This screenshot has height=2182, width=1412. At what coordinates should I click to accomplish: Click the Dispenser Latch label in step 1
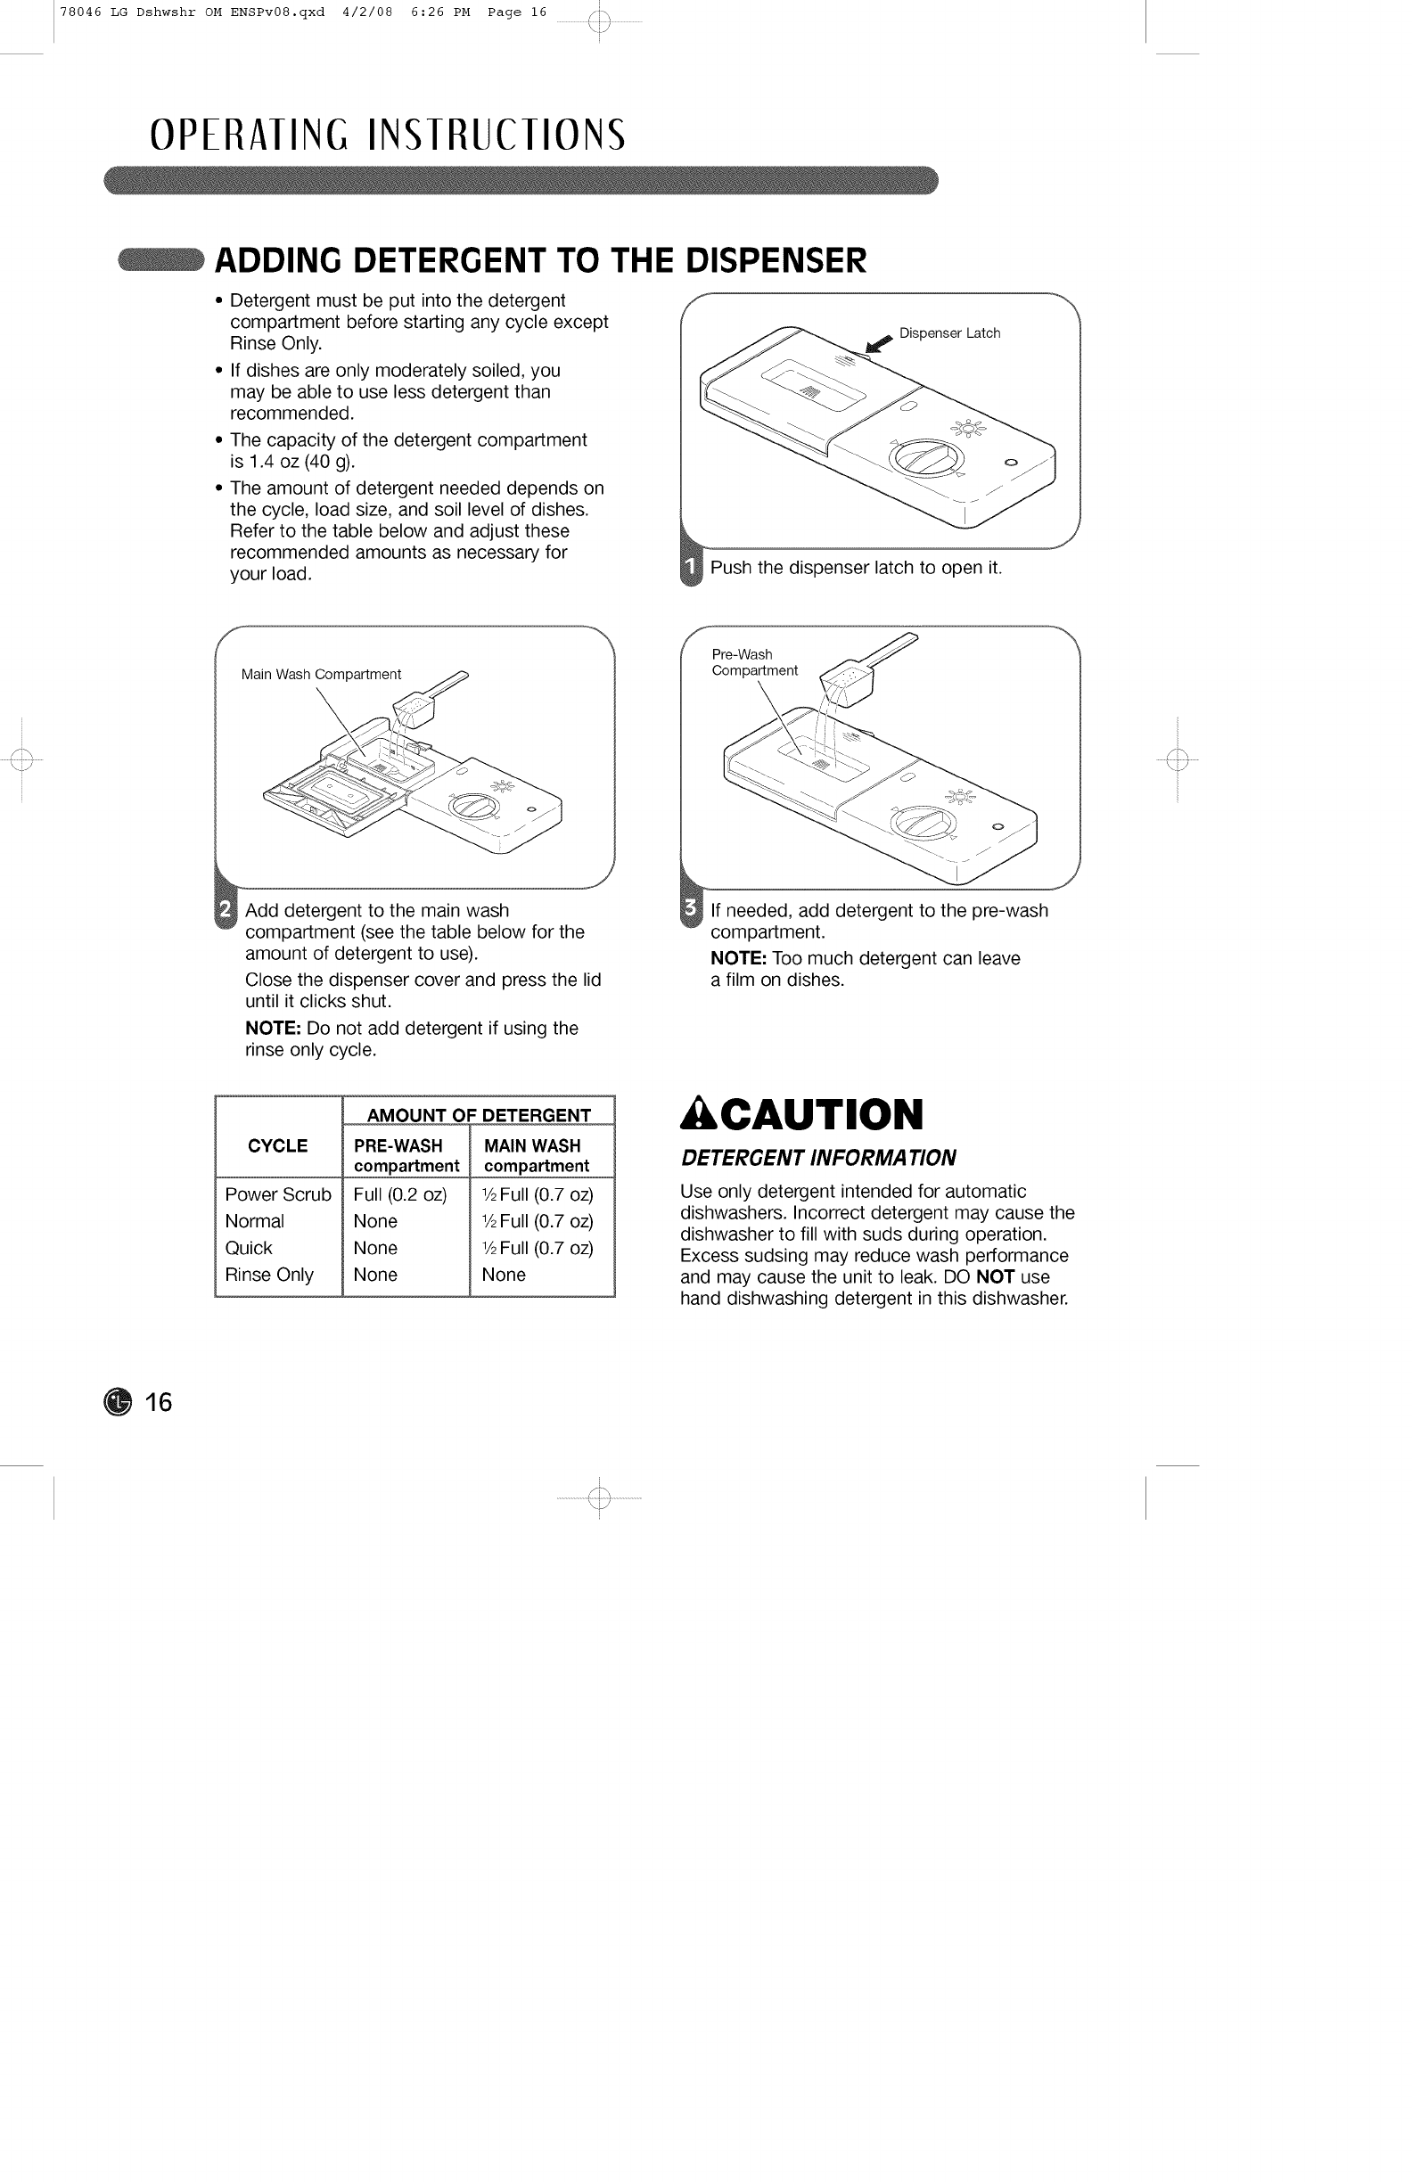click(x=949, y=333)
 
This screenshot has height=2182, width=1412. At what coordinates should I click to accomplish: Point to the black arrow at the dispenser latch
click(x=878, y=344)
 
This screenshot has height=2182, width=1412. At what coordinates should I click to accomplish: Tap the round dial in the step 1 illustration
click(x=927, y=457)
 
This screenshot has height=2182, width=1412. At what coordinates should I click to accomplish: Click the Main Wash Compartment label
click(x=321, y=675)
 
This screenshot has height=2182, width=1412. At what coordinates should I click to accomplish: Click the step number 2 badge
click(x=226, y=911)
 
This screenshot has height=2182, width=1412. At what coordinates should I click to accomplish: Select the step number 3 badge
click(x=692, y=910)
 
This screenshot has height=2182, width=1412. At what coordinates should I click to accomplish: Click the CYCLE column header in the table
click(x=278, y=1146)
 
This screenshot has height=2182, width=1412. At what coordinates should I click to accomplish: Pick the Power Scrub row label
click(x=278, y=1194)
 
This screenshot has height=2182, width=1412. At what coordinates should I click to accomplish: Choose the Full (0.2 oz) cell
click(x=399, y=1194)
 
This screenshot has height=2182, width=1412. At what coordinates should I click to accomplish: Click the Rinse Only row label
click(x=268, y=1276)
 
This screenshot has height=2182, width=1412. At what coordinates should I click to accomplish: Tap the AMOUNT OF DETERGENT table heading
click(x=479, y=1116)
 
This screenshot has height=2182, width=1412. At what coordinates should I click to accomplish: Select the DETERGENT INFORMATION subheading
click(x=817, y=1159)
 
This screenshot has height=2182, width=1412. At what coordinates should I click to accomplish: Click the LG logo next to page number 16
click(x=119, y=1403)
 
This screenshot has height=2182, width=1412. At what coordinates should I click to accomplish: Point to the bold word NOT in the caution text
click(x=995, y=1277)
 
